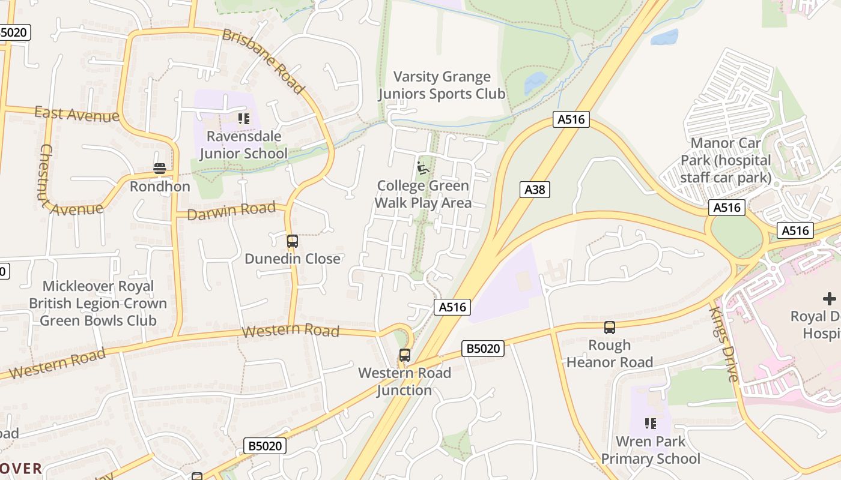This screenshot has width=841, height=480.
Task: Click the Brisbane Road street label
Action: tap(263, 61)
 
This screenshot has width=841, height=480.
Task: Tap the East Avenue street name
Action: tap(76, 113)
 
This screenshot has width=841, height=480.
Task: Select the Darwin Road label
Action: tap(231, 211)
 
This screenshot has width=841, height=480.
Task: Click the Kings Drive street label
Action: tap(724, 343)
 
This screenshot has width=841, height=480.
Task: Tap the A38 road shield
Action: tap(534, 190)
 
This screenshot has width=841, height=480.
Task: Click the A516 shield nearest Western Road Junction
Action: tap(452, 307)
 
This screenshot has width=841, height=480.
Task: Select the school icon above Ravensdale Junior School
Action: tap(243, 118)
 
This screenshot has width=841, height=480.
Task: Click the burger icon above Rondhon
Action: tap(159, 169)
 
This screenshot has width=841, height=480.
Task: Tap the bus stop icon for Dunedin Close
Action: tap(293, 241)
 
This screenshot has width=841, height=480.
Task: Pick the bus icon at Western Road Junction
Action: tap(405, 355)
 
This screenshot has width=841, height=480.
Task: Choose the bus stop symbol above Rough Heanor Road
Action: tap(610, 328)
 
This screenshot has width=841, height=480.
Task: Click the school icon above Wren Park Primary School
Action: tap(650, 424)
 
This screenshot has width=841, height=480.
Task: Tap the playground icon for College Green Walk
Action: tap(423, 168)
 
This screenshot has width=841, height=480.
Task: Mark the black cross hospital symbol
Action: tap(829, 298)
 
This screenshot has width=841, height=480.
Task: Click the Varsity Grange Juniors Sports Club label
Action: tap(442, 85)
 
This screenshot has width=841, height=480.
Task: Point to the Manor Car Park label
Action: tap(726, 160)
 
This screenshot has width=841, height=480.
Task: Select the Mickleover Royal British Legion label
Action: tap(98, 303)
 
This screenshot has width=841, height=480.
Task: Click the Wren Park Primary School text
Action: tap(651, 450)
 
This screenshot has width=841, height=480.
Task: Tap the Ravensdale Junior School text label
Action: tap(243, 145)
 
